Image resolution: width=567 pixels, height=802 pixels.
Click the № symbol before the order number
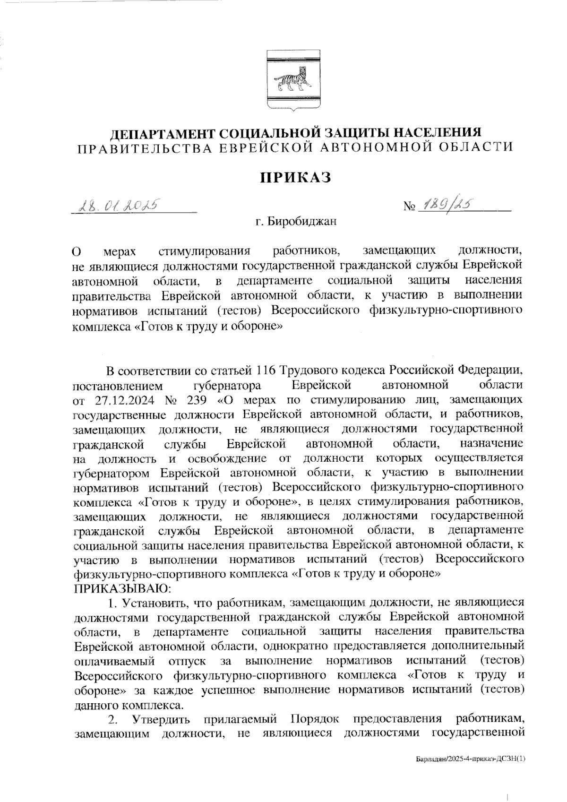(409, 207)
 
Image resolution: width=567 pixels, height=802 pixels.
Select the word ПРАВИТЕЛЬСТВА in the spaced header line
(142, 148)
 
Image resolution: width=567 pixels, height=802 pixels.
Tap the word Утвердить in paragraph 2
(162, 719)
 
